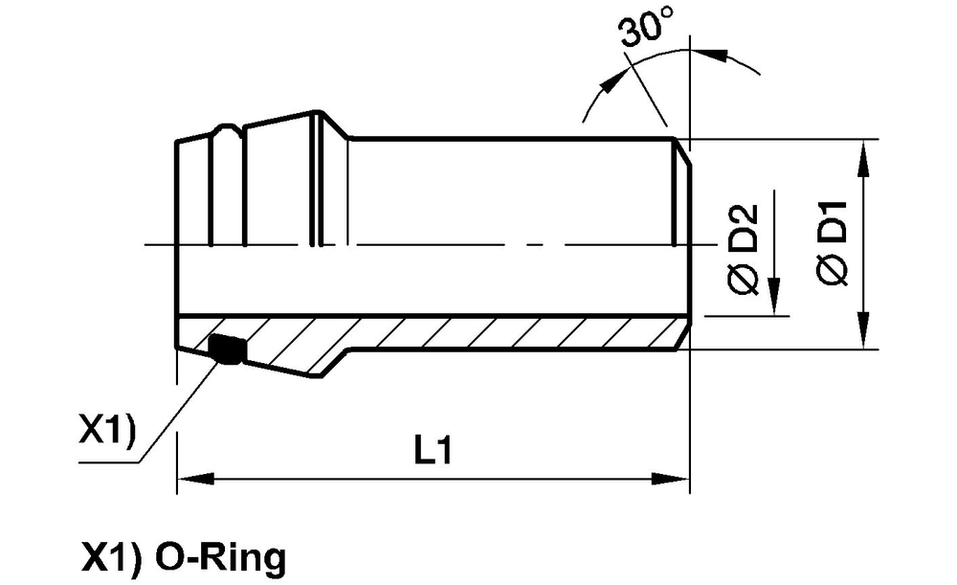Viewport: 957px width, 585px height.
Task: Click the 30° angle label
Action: click(x=646, y=31)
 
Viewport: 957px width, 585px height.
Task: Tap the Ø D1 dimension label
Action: click(x=833, y=243)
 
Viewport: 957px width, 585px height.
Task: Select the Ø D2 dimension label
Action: click(x=744, y=249)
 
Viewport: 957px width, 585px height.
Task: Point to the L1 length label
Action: click(x=434, y=451)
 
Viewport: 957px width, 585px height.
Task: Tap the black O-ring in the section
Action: click(x=227, y=349)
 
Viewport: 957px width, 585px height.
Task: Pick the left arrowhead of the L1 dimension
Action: click(x=195, y=478)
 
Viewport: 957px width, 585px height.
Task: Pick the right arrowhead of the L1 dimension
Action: click(x=671, y=478)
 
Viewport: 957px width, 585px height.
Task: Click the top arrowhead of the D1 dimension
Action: click(x=863, y=158)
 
